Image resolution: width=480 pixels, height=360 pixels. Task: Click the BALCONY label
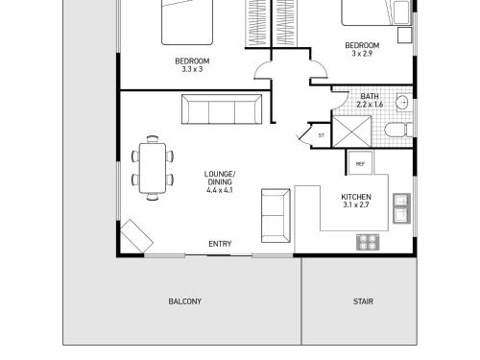click(x=184, y=301)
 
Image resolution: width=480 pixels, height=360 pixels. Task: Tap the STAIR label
click(x=363, y=301)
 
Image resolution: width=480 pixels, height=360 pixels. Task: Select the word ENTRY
click(x=220, y=244)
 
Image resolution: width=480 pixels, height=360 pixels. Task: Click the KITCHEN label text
click(x=356, y=197)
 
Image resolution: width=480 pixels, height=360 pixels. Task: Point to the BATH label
click(x=370, y=96)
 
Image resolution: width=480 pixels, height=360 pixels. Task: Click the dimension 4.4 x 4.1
click(x=220, y=190)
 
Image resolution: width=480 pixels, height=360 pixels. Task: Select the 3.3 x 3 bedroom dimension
click(x=192, y=69)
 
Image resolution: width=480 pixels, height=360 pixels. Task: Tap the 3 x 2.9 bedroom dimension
click(x=362, y=54)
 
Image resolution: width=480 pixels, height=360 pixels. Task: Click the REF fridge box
click(x=360, y=163)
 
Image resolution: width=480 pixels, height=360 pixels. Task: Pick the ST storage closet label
click(x=322, y=135)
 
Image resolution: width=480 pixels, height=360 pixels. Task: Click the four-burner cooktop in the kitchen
click(x=368, y=242)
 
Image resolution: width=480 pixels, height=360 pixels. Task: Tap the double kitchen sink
click(x=401, y=208)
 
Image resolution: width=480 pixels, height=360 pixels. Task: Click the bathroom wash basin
click(x=404, y=103)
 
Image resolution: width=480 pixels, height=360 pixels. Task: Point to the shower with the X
click(x=352, y=132)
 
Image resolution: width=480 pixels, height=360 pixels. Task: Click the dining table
click(x=153, y=168)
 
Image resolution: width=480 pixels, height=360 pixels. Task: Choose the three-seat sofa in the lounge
click(x=222, y=108)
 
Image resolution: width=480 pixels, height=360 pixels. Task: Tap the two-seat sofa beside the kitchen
click(x=276, y=215)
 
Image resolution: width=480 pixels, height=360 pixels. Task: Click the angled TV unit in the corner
click(x=136, y=236)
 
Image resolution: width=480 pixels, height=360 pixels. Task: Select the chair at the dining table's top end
click(x=153, y=139)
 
